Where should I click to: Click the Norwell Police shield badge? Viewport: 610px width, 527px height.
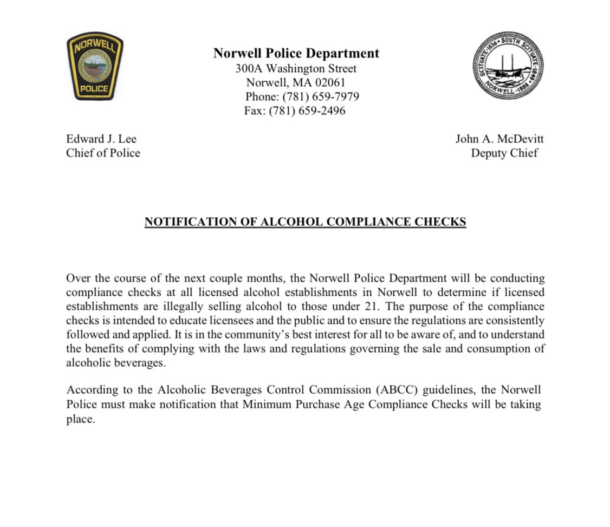point(95,66)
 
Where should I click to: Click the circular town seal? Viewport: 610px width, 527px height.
point(508,66)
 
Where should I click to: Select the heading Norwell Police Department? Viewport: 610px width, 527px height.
point(296,53)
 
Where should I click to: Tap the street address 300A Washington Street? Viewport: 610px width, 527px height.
point(296,68)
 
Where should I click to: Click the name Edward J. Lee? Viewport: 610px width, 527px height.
point(101,139)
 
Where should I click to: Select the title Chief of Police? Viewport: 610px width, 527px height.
point(103,153)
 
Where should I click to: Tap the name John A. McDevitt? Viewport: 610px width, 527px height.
point(499,139)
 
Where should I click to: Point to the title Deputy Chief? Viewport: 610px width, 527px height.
point(504,153)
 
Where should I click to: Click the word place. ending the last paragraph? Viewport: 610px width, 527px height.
point(81,419)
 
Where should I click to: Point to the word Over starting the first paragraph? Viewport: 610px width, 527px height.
point(77,278)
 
